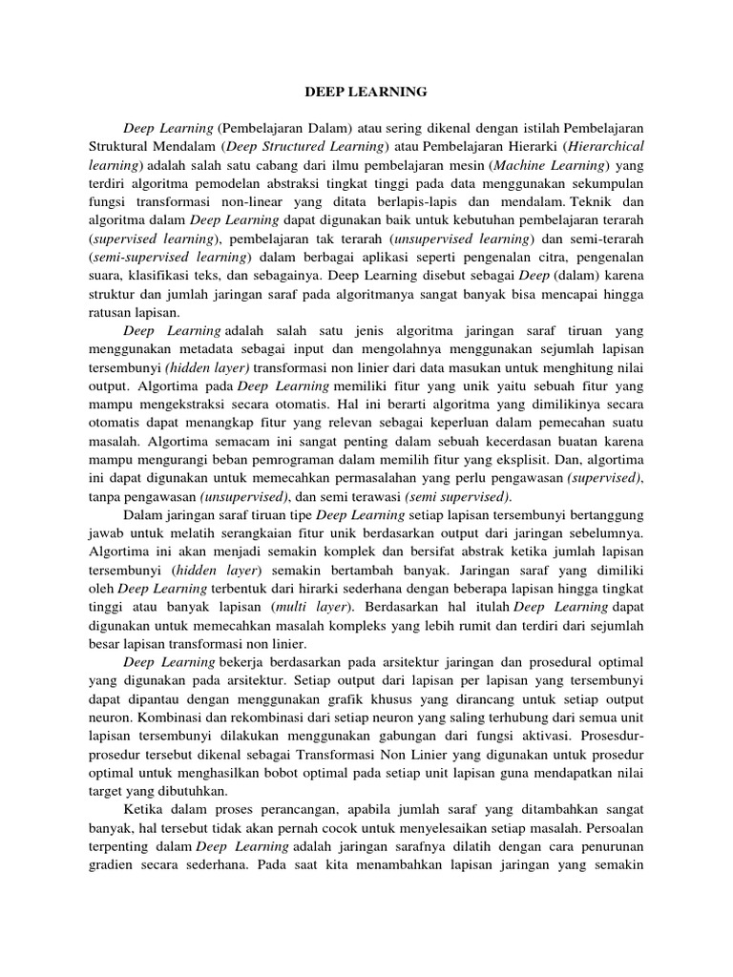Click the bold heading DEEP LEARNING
366,93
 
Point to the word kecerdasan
517,442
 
